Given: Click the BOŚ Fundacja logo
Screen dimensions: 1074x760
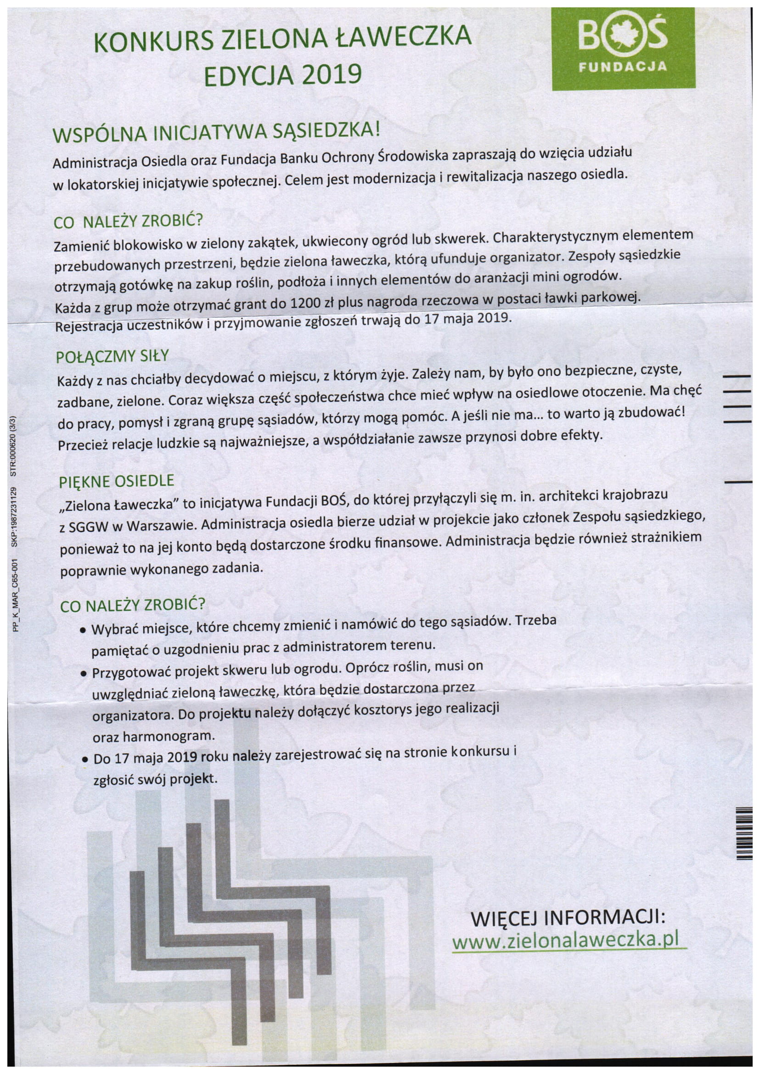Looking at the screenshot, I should [623, 48].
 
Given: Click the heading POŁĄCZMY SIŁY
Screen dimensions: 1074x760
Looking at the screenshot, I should [112, 357].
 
